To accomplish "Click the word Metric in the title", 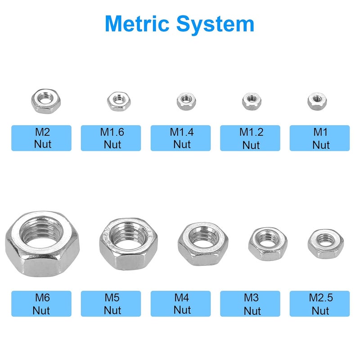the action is click(x=137, y=24).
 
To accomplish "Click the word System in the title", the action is click(x=215, y=25).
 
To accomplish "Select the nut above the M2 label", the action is click(x=46, y=101).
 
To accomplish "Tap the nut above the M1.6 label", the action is click(x=119, y=101).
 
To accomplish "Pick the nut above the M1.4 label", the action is click(x=186, y=101).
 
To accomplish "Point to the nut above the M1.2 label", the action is click(x=252, y=101).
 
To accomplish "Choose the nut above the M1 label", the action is click(x=317, y=101).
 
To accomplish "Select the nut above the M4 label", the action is click(x=203, y=244).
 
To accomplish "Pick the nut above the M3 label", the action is click(x=268, y=244).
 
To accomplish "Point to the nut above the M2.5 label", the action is click(x=326, y=244).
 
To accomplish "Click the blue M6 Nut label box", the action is click(x=41, y=304).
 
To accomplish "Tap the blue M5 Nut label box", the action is click(x=111, y=304).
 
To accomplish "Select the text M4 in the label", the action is click(x=181, y=297).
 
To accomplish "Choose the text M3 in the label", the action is click(x=251, y=297).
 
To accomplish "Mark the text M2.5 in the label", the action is click(x=321, y=297).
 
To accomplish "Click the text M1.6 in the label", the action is click(x=112, y=132).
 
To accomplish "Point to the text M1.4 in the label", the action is click(x=182, y=132).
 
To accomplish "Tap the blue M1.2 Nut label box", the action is click(x=250, y=138).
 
